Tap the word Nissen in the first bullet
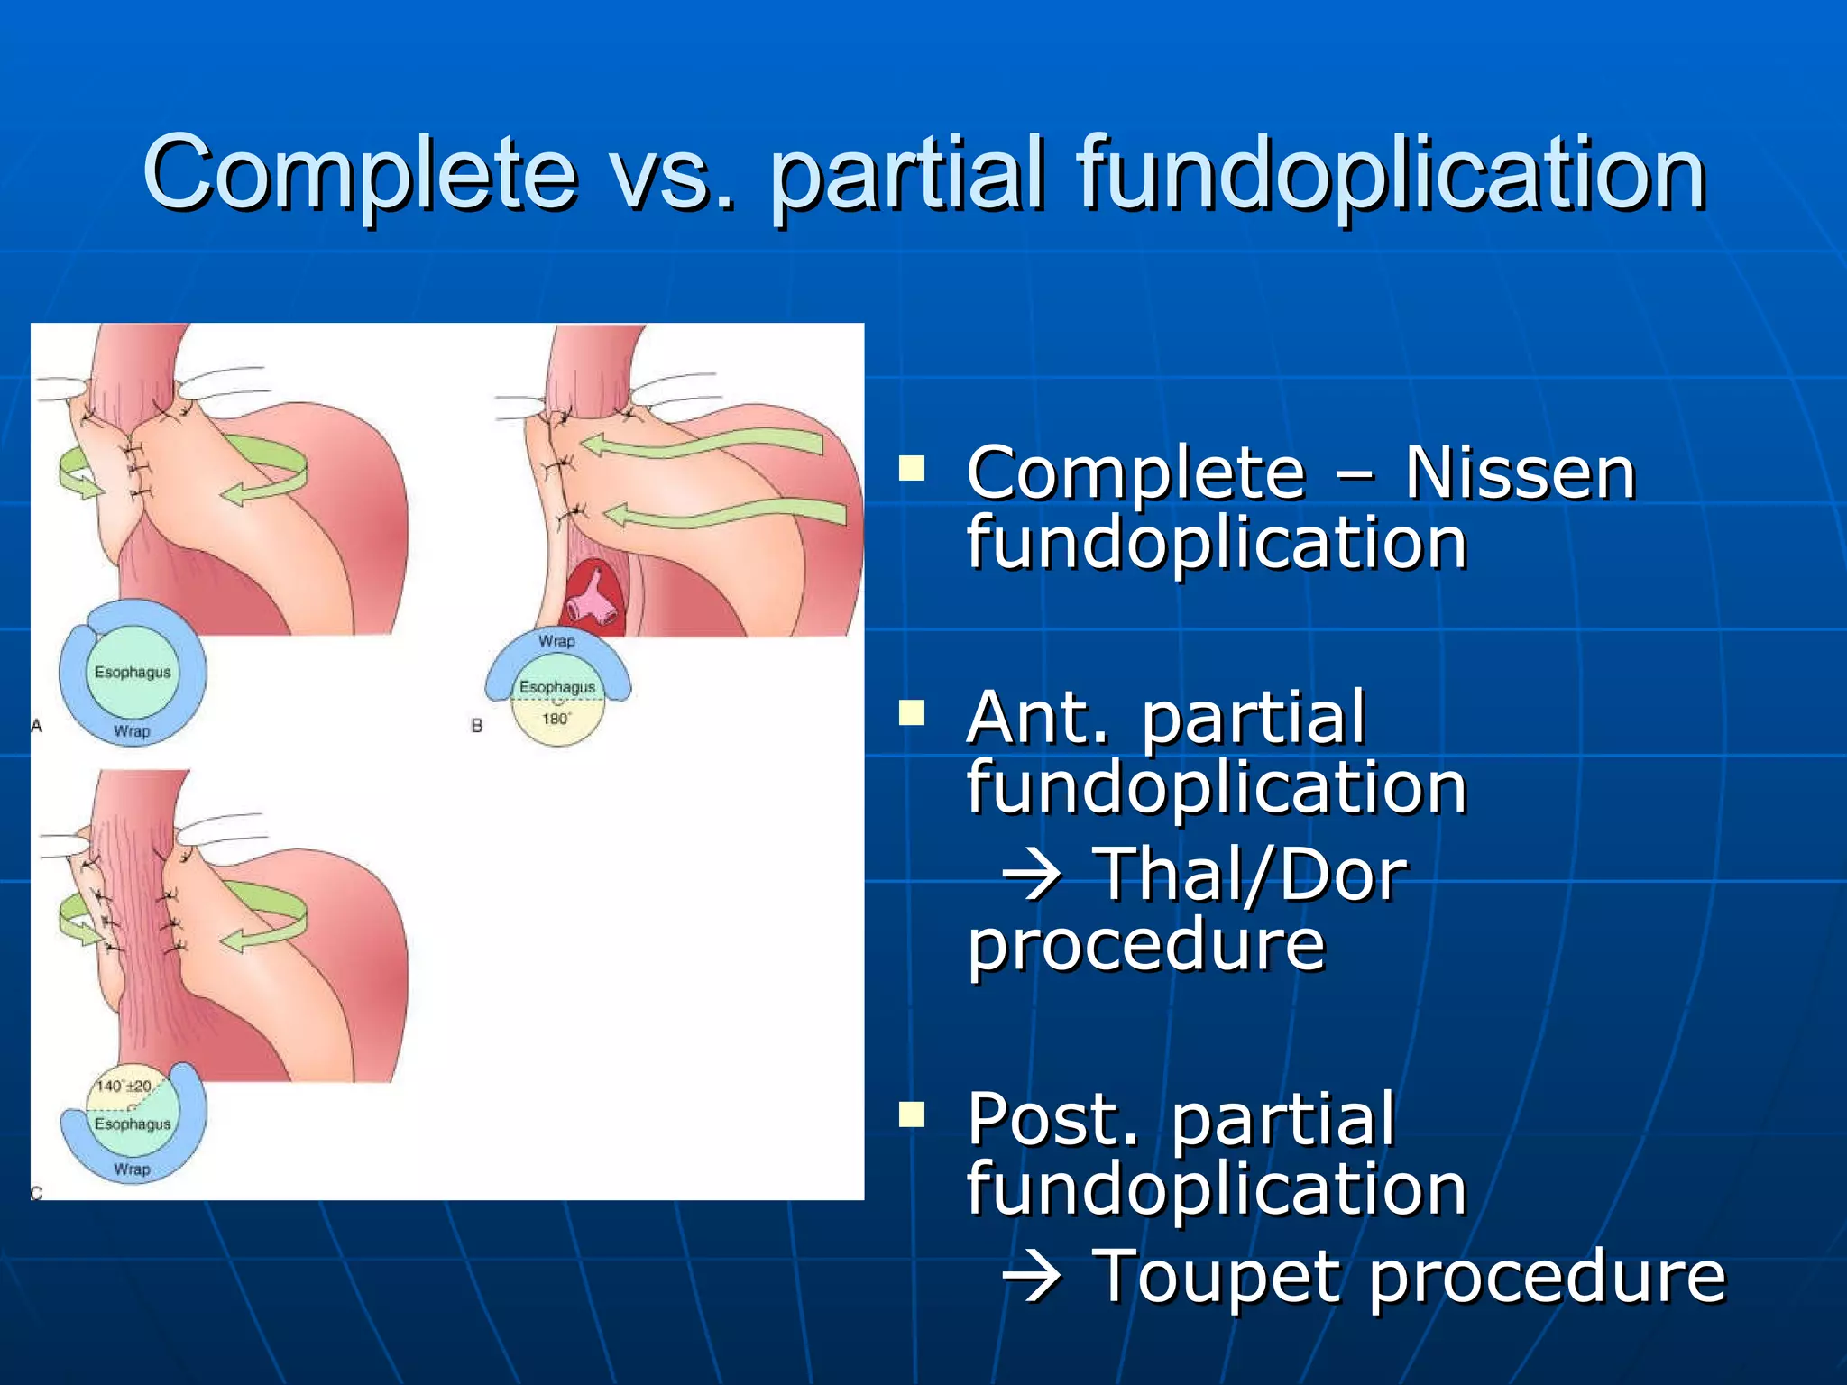point(1520,473)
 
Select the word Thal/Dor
point(1249,875)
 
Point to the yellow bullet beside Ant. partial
point(913,713)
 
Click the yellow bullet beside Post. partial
point(913,1115)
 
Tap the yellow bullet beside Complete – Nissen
point(913,469)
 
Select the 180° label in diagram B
point(556,719)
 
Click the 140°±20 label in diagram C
point(124,1086)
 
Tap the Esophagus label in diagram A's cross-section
point(133,673)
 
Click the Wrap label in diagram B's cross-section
point(556,641)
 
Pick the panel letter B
point(477,726)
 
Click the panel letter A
point(37,726)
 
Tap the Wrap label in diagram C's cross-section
point(132,1169)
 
